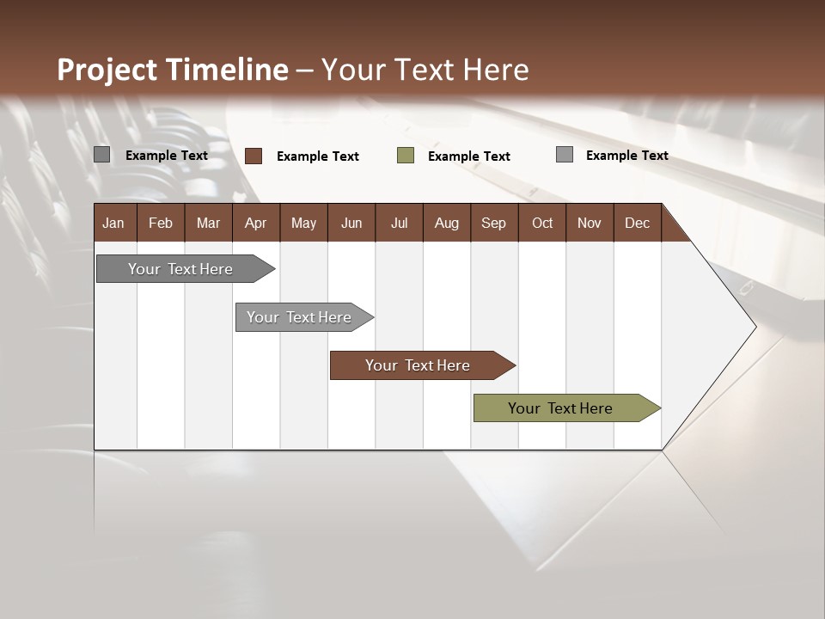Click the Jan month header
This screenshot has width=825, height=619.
tap(113, 223)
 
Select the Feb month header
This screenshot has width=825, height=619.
tap(161, 223)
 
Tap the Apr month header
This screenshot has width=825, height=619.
tap(255, 223)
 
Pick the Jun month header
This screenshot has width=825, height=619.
tap(351, 223)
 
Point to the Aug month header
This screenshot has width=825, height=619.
tap(446, 223)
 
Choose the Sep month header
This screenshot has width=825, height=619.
tap(493, 223)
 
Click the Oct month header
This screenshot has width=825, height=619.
tap(542, 223)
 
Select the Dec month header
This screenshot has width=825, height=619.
tap(637, 223)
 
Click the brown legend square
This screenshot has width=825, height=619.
tap(254, 156)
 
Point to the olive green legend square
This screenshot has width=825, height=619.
tap(406, 156)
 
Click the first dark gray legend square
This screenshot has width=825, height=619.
tap(102, 155)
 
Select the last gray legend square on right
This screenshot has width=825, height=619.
tap(565, 155)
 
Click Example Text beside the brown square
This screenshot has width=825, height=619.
tap(318, 156)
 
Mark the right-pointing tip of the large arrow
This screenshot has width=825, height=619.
tap(755, 327)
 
